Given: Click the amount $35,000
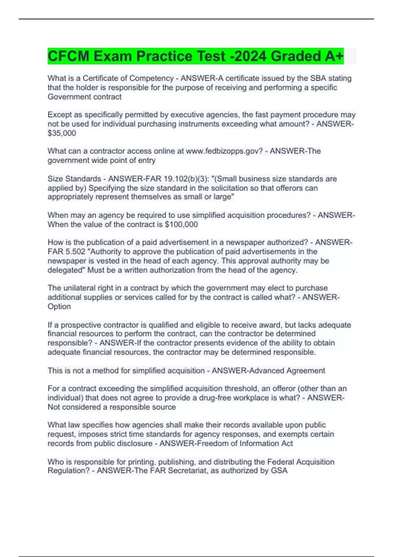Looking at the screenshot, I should [62, 133].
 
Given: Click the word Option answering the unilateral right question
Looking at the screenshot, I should [59, 306].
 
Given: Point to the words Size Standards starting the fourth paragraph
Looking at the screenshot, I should [74, 179].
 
